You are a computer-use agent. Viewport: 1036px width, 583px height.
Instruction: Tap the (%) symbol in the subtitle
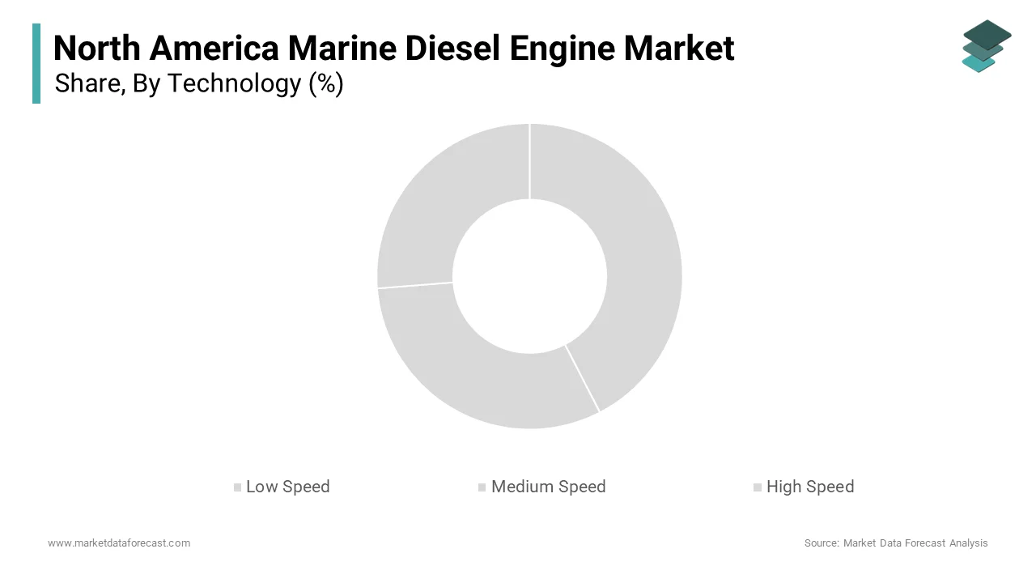325,84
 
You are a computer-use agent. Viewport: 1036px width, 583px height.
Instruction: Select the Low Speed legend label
287,487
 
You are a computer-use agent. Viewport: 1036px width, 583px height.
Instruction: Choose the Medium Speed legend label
548,487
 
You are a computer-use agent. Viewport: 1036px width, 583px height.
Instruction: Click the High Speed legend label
809,487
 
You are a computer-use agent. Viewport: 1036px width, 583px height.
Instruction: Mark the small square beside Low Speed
237,487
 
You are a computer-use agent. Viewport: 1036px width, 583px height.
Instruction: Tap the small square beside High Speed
758,487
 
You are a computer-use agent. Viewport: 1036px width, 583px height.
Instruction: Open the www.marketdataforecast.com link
119,543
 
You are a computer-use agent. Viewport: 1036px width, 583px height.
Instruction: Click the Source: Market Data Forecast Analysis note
896,543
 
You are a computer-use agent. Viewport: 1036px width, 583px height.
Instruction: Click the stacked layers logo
986,46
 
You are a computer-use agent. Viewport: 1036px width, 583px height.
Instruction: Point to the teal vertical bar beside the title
36,63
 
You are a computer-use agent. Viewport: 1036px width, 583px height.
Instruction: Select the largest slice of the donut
631,259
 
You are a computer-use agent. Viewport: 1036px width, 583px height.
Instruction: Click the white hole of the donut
529,276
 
